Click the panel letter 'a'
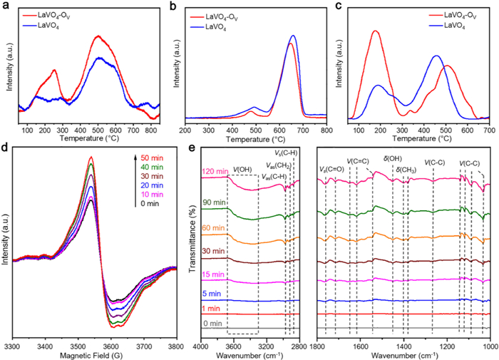click(x=6, y=6)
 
